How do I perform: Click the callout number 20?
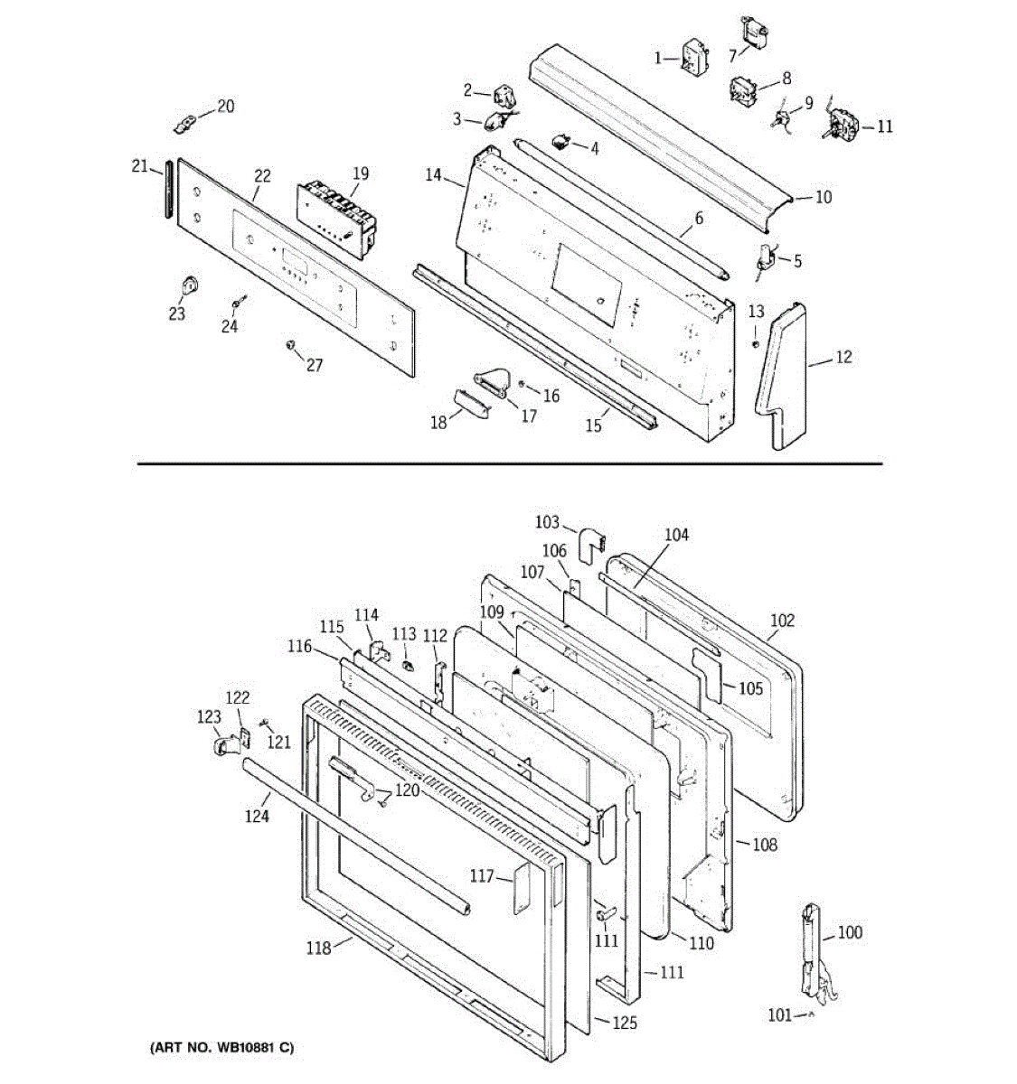[225, 107]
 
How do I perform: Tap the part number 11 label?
[884, 126]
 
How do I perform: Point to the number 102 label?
[782, 621]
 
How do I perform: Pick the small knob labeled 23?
[189, 286]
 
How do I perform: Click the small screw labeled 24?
[238, 300]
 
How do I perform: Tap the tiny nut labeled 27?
[289, 345]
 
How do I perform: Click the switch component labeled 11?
[843, 123]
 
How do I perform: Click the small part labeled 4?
[563, 141]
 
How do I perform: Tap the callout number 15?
[593, 425]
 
